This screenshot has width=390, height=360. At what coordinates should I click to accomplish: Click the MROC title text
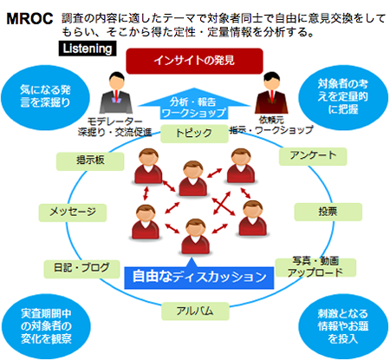click(x=29, y=19)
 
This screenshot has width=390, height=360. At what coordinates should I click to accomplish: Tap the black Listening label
click(x=88, y=49)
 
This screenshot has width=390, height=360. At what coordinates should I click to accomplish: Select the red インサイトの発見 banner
click(x=194, y=61)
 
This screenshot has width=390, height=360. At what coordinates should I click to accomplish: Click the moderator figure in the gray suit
click(x=116, y=93)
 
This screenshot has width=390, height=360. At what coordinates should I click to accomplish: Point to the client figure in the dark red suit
click(x=271, y=93)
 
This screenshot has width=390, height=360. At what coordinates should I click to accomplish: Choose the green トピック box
click(x=194, y=134)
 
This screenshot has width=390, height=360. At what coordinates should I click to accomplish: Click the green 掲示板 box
click(x=90, y=161)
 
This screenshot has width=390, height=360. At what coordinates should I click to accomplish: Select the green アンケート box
click(x=313, y=156)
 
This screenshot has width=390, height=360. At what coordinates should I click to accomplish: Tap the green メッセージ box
click(x=73, y=213)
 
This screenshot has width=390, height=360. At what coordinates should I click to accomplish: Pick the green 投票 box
click(x=328, y=212)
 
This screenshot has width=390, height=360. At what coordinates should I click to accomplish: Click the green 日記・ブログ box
click(x=81, y=269)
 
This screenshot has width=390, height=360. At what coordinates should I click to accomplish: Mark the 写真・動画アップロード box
click(x=315, y=267)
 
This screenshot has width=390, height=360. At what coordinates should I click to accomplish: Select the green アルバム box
click(x=195, y=311)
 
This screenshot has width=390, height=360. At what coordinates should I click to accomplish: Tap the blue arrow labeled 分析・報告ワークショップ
click(x=194, y=103)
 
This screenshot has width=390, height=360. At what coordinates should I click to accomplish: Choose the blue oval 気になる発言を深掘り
click(x=45, y=97)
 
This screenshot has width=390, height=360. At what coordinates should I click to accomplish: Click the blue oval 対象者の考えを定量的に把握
click(x=343, y=97)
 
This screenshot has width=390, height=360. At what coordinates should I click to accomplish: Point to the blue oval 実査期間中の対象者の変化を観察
click(x=46, y=326)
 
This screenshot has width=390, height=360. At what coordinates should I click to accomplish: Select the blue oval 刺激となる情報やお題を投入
click(x=343, y=326)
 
